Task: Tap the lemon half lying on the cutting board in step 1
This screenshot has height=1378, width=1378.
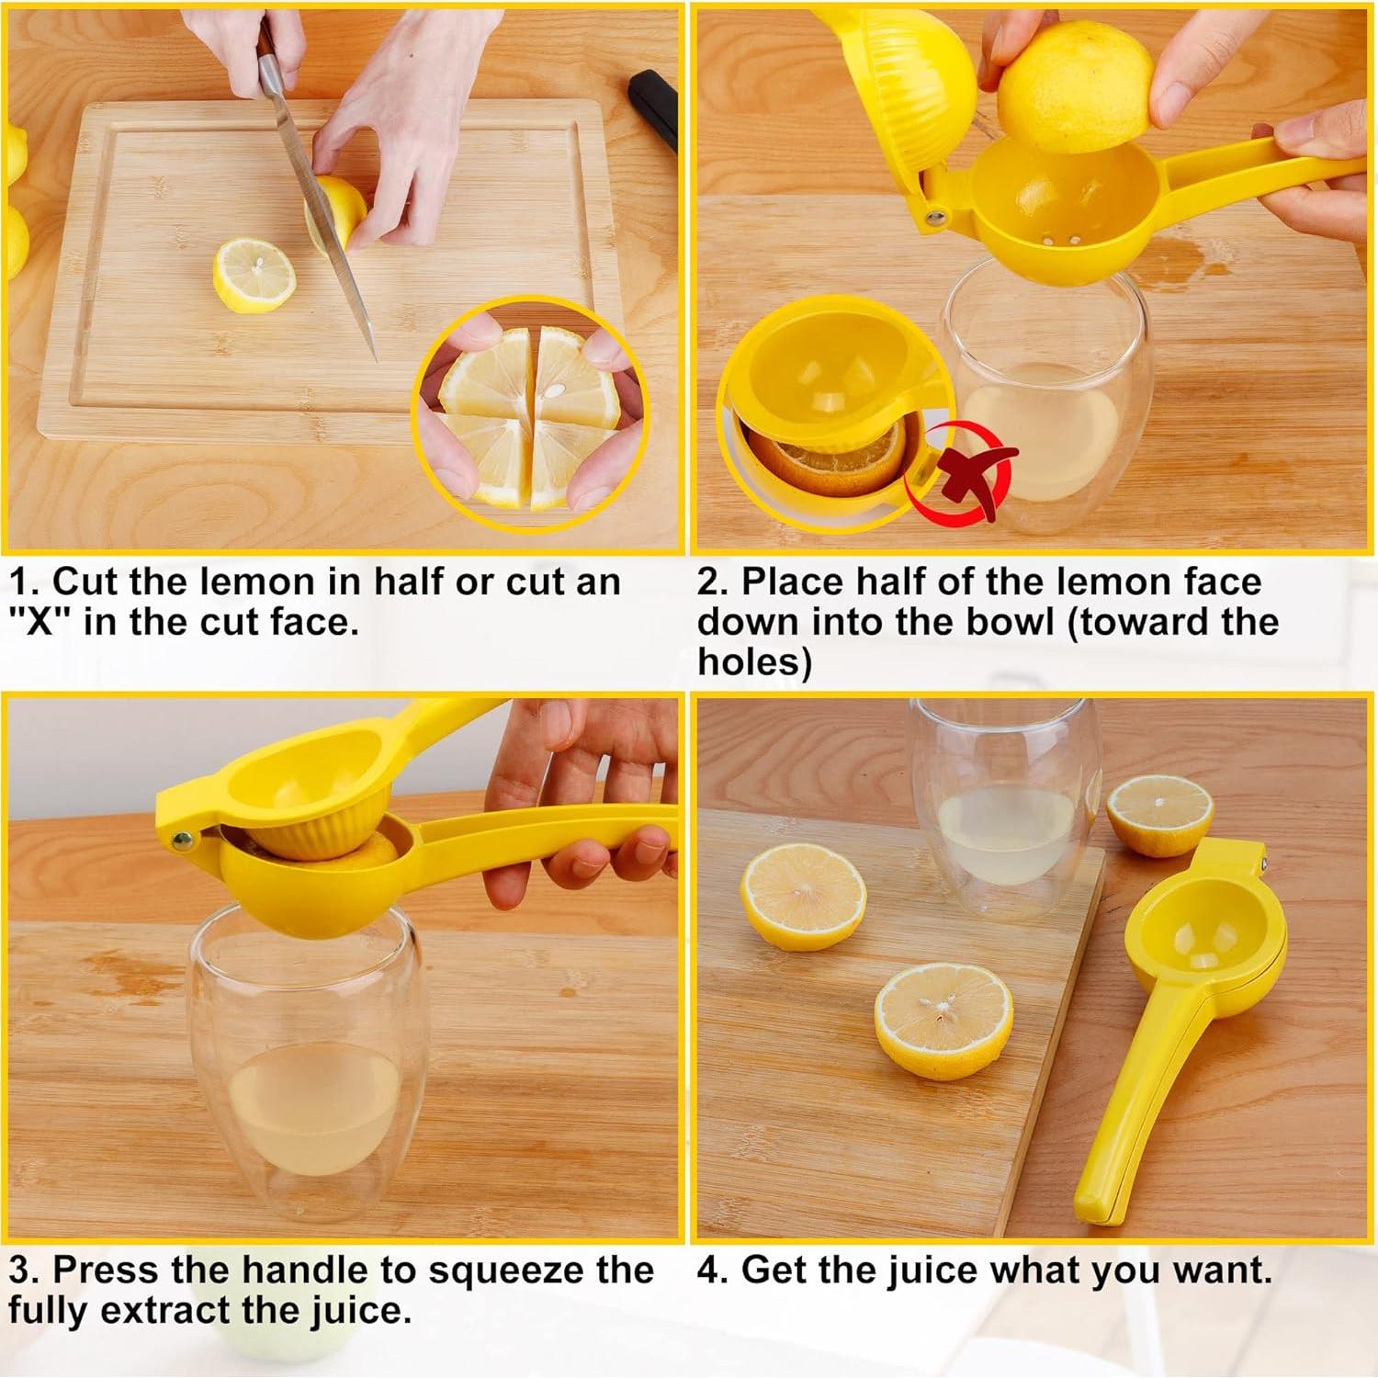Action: [254, 276]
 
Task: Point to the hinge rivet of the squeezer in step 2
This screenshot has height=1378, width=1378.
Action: [936, 218]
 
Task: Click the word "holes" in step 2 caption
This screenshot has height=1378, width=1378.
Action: [753, 661]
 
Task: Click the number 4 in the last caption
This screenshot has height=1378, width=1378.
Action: [707, 1270]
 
